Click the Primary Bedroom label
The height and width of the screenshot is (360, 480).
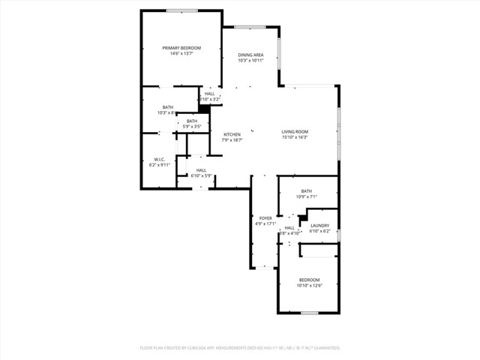(x=181, y=48)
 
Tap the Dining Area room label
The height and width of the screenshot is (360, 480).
(x=250, y=55)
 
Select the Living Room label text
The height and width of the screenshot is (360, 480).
(x=295, y=132)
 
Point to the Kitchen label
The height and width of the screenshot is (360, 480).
(x=232, y=134)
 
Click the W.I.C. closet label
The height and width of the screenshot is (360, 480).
(x=159, y=158)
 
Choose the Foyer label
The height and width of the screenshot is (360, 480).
(x=265, y=217)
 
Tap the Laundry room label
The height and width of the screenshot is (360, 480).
(x=320, y=225)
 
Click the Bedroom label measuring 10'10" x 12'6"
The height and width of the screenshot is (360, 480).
(x=309, y=280)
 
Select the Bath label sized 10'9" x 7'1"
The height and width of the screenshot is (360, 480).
(x=307, y=191)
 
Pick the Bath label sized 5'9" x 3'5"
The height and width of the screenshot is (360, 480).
(x=192, y=121)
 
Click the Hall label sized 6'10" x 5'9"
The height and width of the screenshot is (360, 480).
(x=201, y=170)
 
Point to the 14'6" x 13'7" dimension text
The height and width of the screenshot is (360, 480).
(x=181, y=53)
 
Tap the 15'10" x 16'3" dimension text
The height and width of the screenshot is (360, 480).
(x=295, y=137)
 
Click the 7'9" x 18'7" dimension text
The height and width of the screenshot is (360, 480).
(x=232, y=139)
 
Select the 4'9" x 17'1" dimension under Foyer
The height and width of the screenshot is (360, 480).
(x=265, y=223)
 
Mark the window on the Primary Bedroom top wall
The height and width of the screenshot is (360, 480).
(x=181, y=10)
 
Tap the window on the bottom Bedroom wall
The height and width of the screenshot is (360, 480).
(x=309, y=313)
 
